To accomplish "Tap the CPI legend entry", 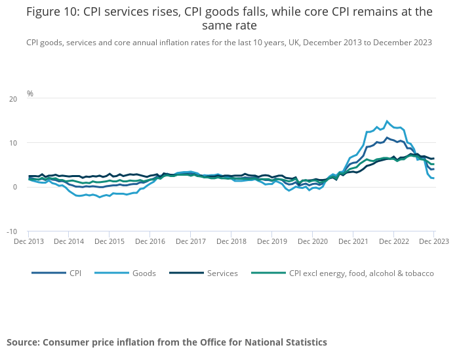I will point(75,273).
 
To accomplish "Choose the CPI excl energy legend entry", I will point(361,273).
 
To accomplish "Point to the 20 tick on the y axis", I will point(13,99).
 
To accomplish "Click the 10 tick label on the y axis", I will point(13,143).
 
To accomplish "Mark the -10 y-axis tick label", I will point(12,231).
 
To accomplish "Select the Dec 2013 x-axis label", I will point(29,241).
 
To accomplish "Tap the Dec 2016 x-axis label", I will point(150,241).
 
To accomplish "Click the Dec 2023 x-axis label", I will point(433,241).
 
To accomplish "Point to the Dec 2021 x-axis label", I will point(353,241).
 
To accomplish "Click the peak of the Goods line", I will point(387,121).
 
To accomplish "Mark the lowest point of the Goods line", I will point(100,197).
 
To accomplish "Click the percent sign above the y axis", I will point(30,94).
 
